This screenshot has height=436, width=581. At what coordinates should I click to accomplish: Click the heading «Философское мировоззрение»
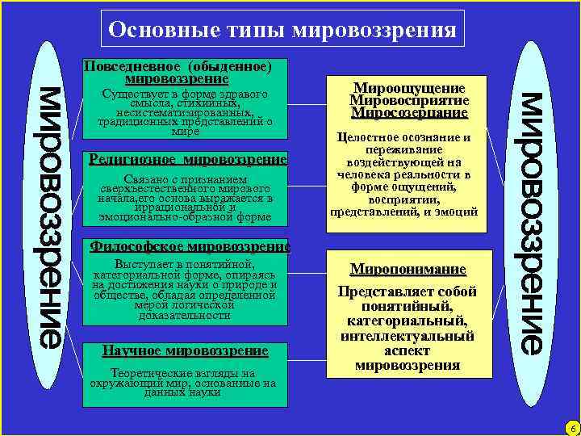pos(189,246)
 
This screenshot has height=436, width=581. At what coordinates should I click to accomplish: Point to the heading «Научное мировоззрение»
pos(185,350)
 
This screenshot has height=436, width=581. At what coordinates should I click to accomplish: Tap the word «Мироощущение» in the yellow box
pos(408,88)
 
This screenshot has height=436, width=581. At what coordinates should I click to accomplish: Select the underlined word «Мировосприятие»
pos(408,100)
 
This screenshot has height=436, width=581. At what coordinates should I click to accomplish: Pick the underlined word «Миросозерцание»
pos(408,113)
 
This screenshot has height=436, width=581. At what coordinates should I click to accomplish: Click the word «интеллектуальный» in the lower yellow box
pos(408,336)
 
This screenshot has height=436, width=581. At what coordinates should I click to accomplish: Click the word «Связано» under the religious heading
pos(146,178)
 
